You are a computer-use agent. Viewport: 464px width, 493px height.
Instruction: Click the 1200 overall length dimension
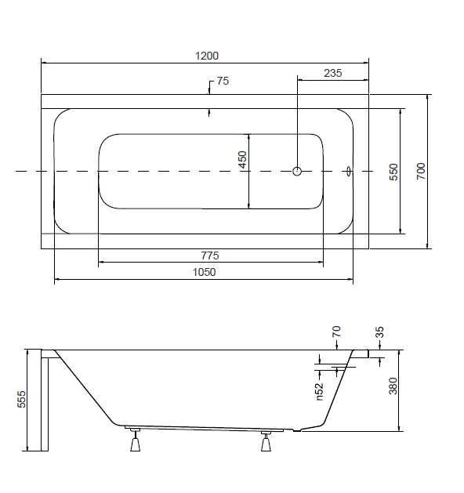207,56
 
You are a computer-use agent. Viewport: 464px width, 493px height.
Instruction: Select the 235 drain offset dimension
332,73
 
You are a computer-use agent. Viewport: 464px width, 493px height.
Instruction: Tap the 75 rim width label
223,81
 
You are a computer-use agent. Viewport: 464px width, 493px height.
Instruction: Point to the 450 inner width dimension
242,160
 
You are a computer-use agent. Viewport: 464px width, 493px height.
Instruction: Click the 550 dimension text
393,172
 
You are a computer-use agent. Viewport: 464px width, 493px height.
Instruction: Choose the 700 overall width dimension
421,172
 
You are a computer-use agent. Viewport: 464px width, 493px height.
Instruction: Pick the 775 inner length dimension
210,256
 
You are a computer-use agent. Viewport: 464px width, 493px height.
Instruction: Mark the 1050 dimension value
204,272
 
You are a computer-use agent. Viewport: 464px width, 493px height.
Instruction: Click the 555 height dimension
21,399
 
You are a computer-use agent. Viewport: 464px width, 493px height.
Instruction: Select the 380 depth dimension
393,386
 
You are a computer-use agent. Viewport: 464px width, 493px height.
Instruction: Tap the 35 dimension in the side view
380,332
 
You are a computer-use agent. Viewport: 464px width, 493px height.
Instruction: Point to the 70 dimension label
336,332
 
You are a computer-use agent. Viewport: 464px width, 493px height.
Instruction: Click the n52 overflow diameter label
319,391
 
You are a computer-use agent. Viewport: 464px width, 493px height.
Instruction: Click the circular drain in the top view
297,172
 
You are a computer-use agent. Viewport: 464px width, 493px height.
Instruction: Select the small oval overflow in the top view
349,172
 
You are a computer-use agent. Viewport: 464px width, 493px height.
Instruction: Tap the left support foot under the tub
135,441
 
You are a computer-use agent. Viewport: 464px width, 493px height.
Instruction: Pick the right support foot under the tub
266,442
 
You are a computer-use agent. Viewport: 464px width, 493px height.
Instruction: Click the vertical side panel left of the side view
45,401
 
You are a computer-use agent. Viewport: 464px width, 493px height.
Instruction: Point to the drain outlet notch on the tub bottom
297,430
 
